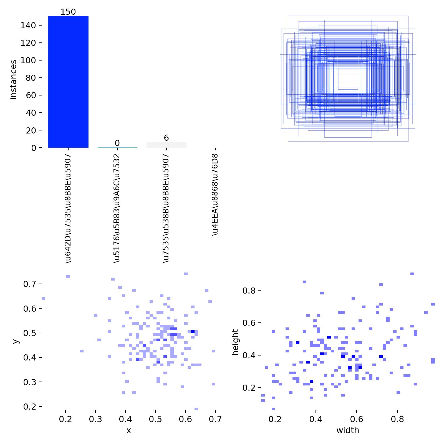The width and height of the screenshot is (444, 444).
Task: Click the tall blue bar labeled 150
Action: (68, 82)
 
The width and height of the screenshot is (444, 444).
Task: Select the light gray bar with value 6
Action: (166, 145)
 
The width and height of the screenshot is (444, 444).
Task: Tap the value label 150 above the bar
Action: (68, 12)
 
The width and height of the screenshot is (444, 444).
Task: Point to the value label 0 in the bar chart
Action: (117, 143)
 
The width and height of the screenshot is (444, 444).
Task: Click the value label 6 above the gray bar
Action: (166, 138)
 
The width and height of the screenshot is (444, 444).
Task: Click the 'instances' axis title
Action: (13, 79)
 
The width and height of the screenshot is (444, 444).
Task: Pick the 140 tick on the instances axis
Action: (28, 26)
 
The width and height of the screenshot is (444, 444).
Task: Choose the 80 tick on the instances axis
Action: (31, 78)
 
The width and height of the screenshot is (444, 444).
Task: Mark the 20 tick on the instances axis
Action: (31, 130)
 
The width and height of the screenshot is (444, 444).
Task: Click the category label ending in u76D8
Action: (215, 194)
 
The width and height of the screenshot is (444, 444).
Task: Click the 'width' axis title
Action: (348, 430)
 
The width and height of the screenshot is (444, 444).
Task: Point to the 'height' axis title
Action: (236, 342)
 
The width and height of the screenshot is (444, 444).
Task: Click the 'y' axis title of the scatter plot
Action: (16, 341)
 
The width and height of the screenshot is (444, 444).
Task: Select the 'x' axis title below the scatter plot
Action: (128, 430)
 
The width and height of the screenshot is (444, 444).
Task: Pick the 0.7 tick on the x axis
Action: (215, 419)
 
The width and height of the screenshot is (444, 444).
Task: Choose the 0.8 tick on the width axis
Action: (397, 419)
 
